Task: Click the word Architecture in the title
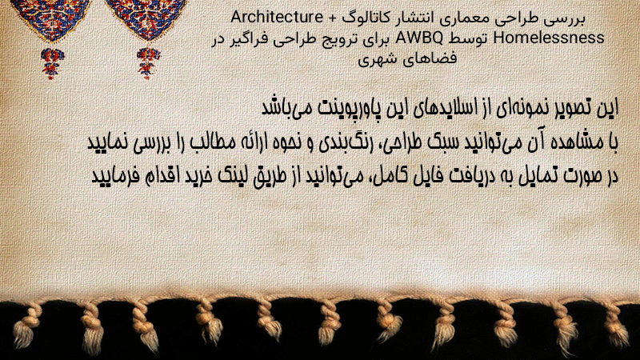click(277, 17)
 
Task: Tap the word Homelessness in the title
click(549, 38)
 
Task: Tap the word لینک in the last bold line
click(229, 176)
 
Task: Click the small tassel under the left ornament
click(52, 62)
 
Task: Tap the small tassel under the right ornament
click(149, 62)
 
